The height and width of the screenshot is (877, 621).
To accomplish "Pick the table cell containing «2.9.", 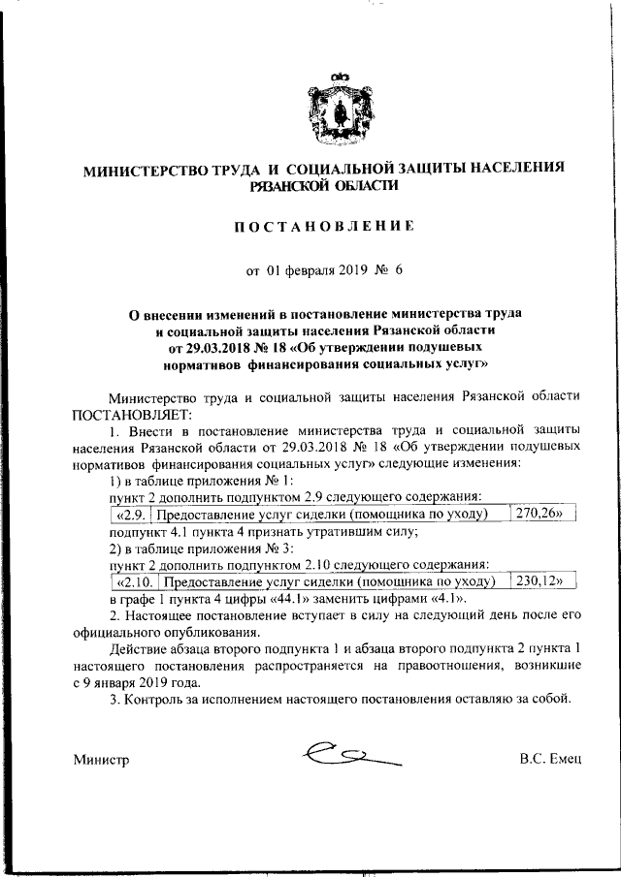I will pyautogui.click(x=130, y=514).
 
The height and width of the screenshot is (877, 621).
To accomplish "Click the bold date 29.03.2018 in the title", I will pyautogui.click(x=216, y=347).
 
